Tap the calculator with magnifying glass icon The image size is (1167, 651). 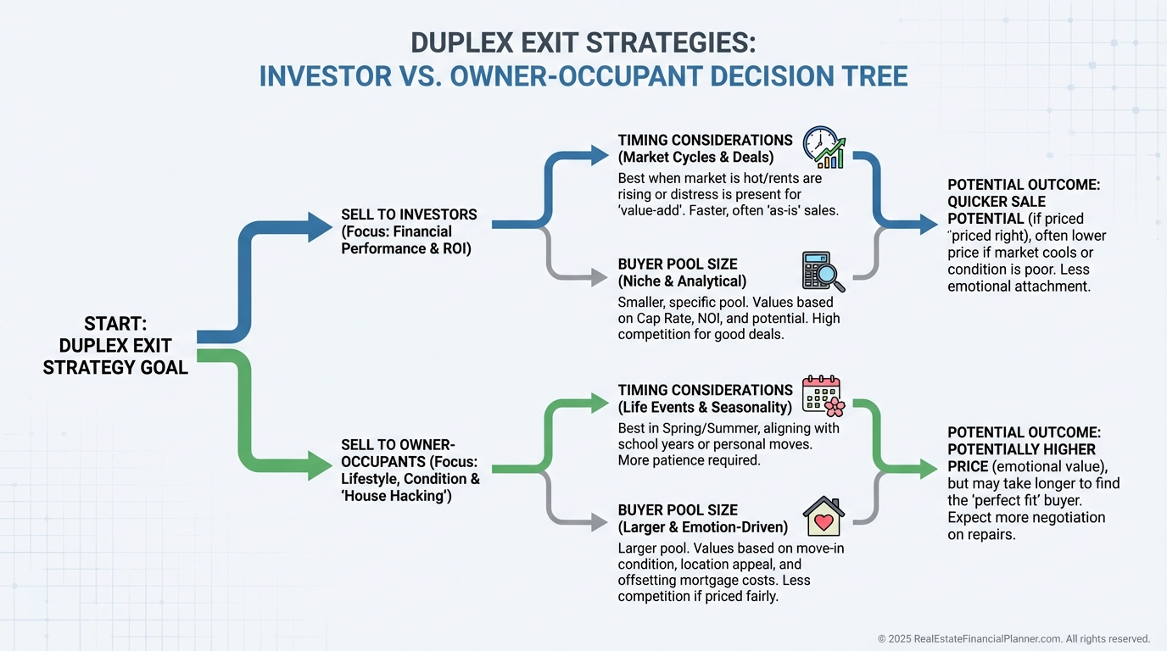(x=823, y=271)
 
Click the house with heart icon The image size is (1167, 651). (x=823, y=516)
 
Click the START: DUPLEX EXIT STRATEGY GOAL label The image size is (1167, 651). (x=115, y=346)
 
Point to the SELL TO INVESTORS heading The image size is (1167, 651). (x=409, y=214)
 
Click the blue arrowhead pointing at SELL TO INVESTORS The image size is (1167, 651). (x=320, y=227)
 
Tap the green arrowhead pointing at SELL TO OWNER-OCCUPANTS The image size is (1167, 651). (x=320, y=465)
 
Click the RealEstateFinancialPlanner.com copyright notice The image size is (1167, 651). (x=1013, y=638)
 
